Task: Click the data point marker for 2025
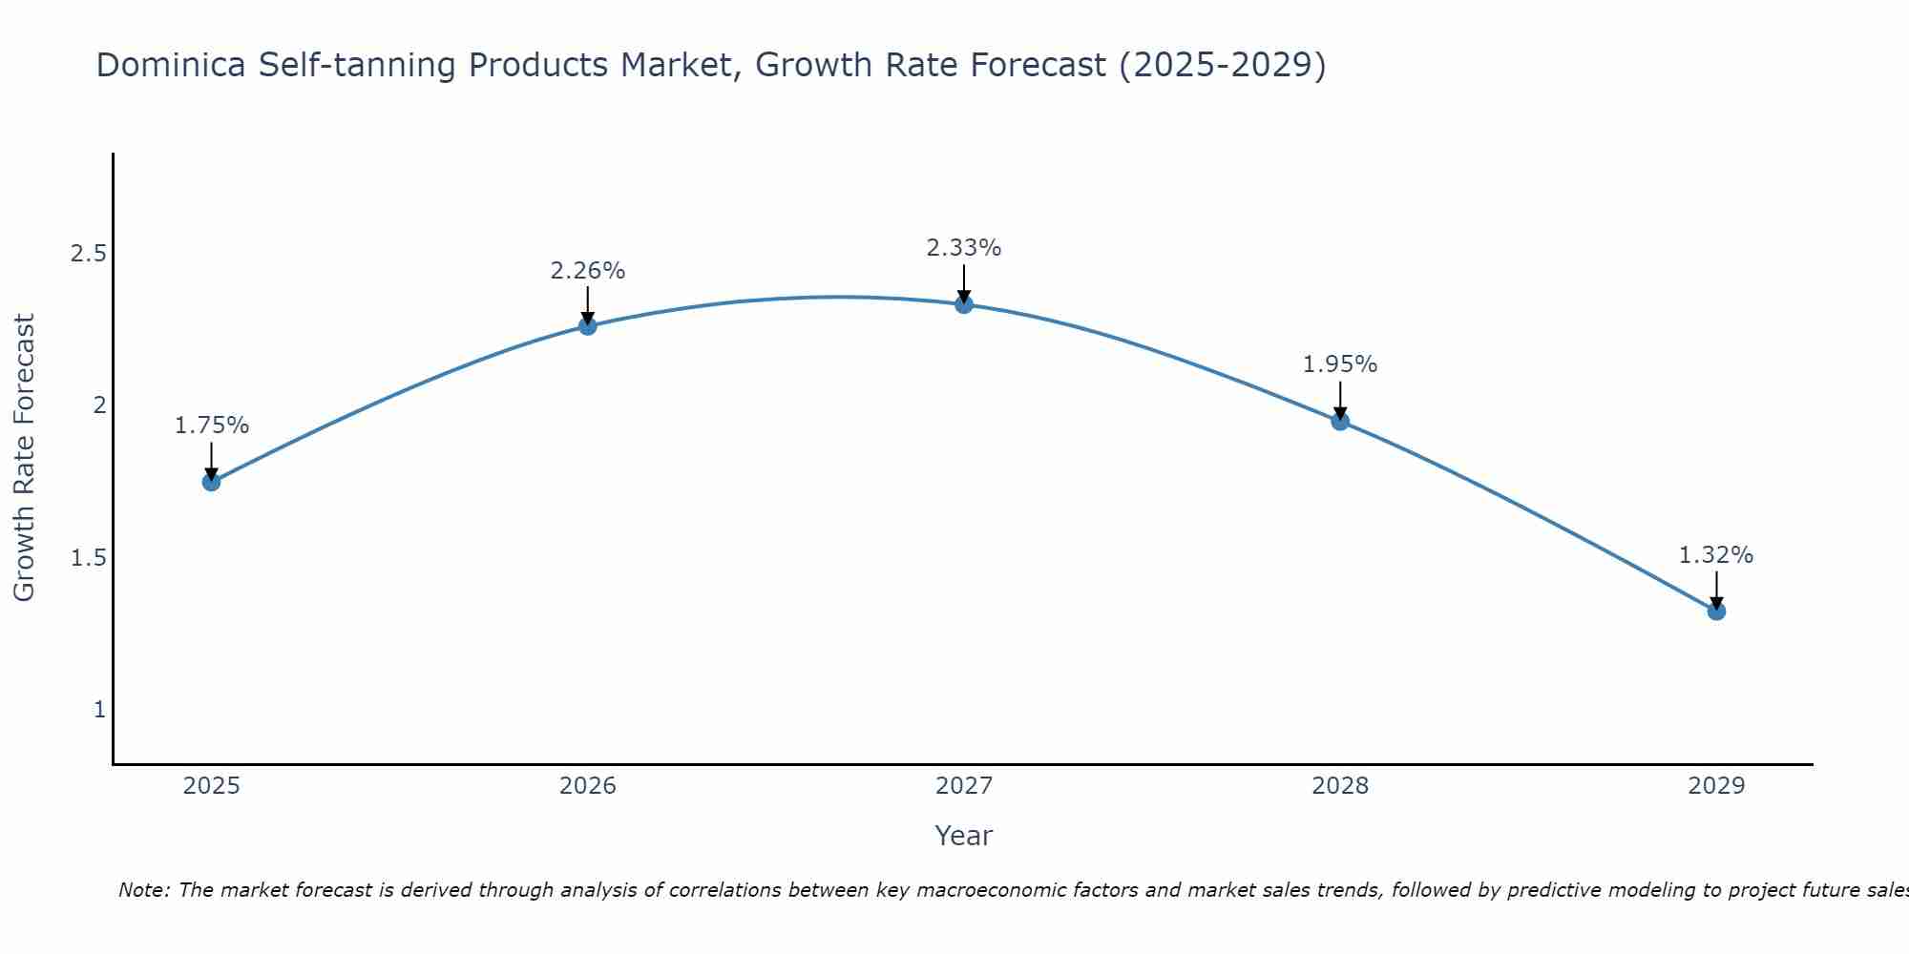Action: click(212, 482)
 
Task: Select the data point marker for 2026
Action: click(588, 326)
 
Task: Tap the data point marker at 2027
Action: click(964, 304)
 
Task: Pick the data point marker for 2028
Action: click(1340, 421)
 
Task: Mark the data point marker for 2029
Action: click(1716, 611)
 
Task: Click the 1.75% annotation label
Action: click(212, 425)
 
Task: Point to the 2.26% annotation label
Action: click(588, 271)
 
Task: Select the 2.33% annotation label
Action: click(964, 248)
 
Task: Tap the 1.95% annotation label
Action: click(1340, 364)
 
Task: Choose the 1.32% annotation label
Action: click(1716, 555)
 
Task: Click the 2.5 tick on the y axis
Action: click(88, 254)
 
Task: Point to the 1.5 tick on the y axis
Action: click(88, 558)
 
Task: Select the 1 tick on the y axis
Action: click(99, 710)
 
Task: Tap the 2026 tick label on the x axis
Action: click(588, 786)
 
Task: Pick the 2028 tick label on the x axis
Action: click(1340, 786)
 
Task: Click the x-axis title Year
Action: click(964, 836)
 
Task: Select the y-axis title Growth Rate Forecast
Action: click(24, 458)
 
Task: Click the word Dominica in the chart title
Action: click(172, 66)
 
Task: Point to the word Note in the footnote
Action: click(143, 890)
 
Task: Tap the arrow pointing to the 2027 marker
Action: click(964, 283)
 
